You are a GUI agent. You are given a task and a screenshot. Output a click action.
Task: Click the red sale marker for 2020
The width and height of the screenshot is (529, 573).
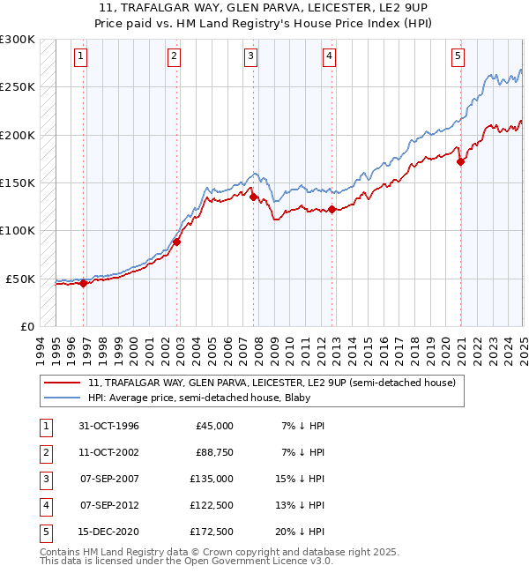coord(460,161)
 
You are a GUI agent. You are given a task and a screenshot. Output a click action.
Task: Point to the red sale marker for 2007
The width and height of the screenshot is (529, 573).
coord(254,197)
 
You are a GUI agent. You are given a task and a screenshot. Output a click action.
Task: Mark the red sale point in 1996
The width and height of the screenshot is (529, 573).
coord(83,283)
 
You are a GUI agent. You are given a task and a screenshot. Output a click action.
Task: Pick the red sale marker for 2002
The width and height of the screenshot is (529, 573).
coord(176,242)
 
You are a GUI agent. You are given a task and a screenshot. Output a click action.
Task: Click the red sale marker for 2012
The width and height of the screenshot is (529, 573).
coord(332,209)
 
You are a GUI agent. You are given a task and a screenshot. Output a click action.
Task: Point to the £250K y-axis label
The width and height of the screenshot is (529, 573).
coord(18,87)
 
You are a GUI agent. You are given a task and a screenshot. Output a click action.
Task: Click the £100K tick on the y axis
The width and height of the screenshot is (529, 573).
coord(18,231)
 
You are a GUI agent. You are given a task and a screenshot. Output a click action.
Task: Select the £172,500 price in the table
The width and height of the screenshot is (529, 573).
coord(212,532)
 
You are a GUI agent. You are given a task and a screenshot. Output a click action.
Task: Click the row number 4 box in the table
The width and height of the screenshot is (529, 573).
coord(45,505)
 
